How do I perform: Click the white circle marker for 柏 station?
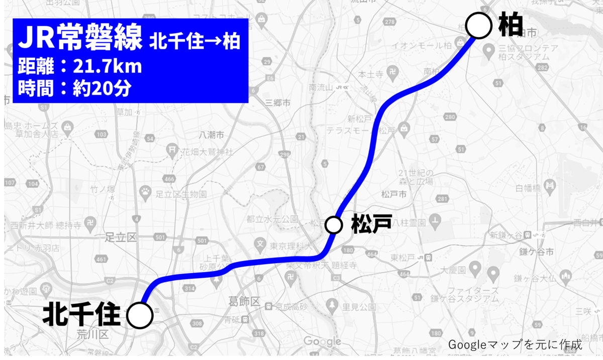(479, 26)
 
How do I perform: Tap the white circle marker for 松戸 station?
(334, 224)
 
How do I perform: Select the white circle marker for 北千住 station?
(140, 315)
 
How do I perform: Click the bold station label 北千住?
(81, 315)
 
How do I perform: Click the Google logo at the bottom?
(322, 341)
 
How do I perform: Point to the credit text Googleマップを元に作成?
(515, 345)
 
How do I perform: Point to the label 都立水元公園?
(272, 219)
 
